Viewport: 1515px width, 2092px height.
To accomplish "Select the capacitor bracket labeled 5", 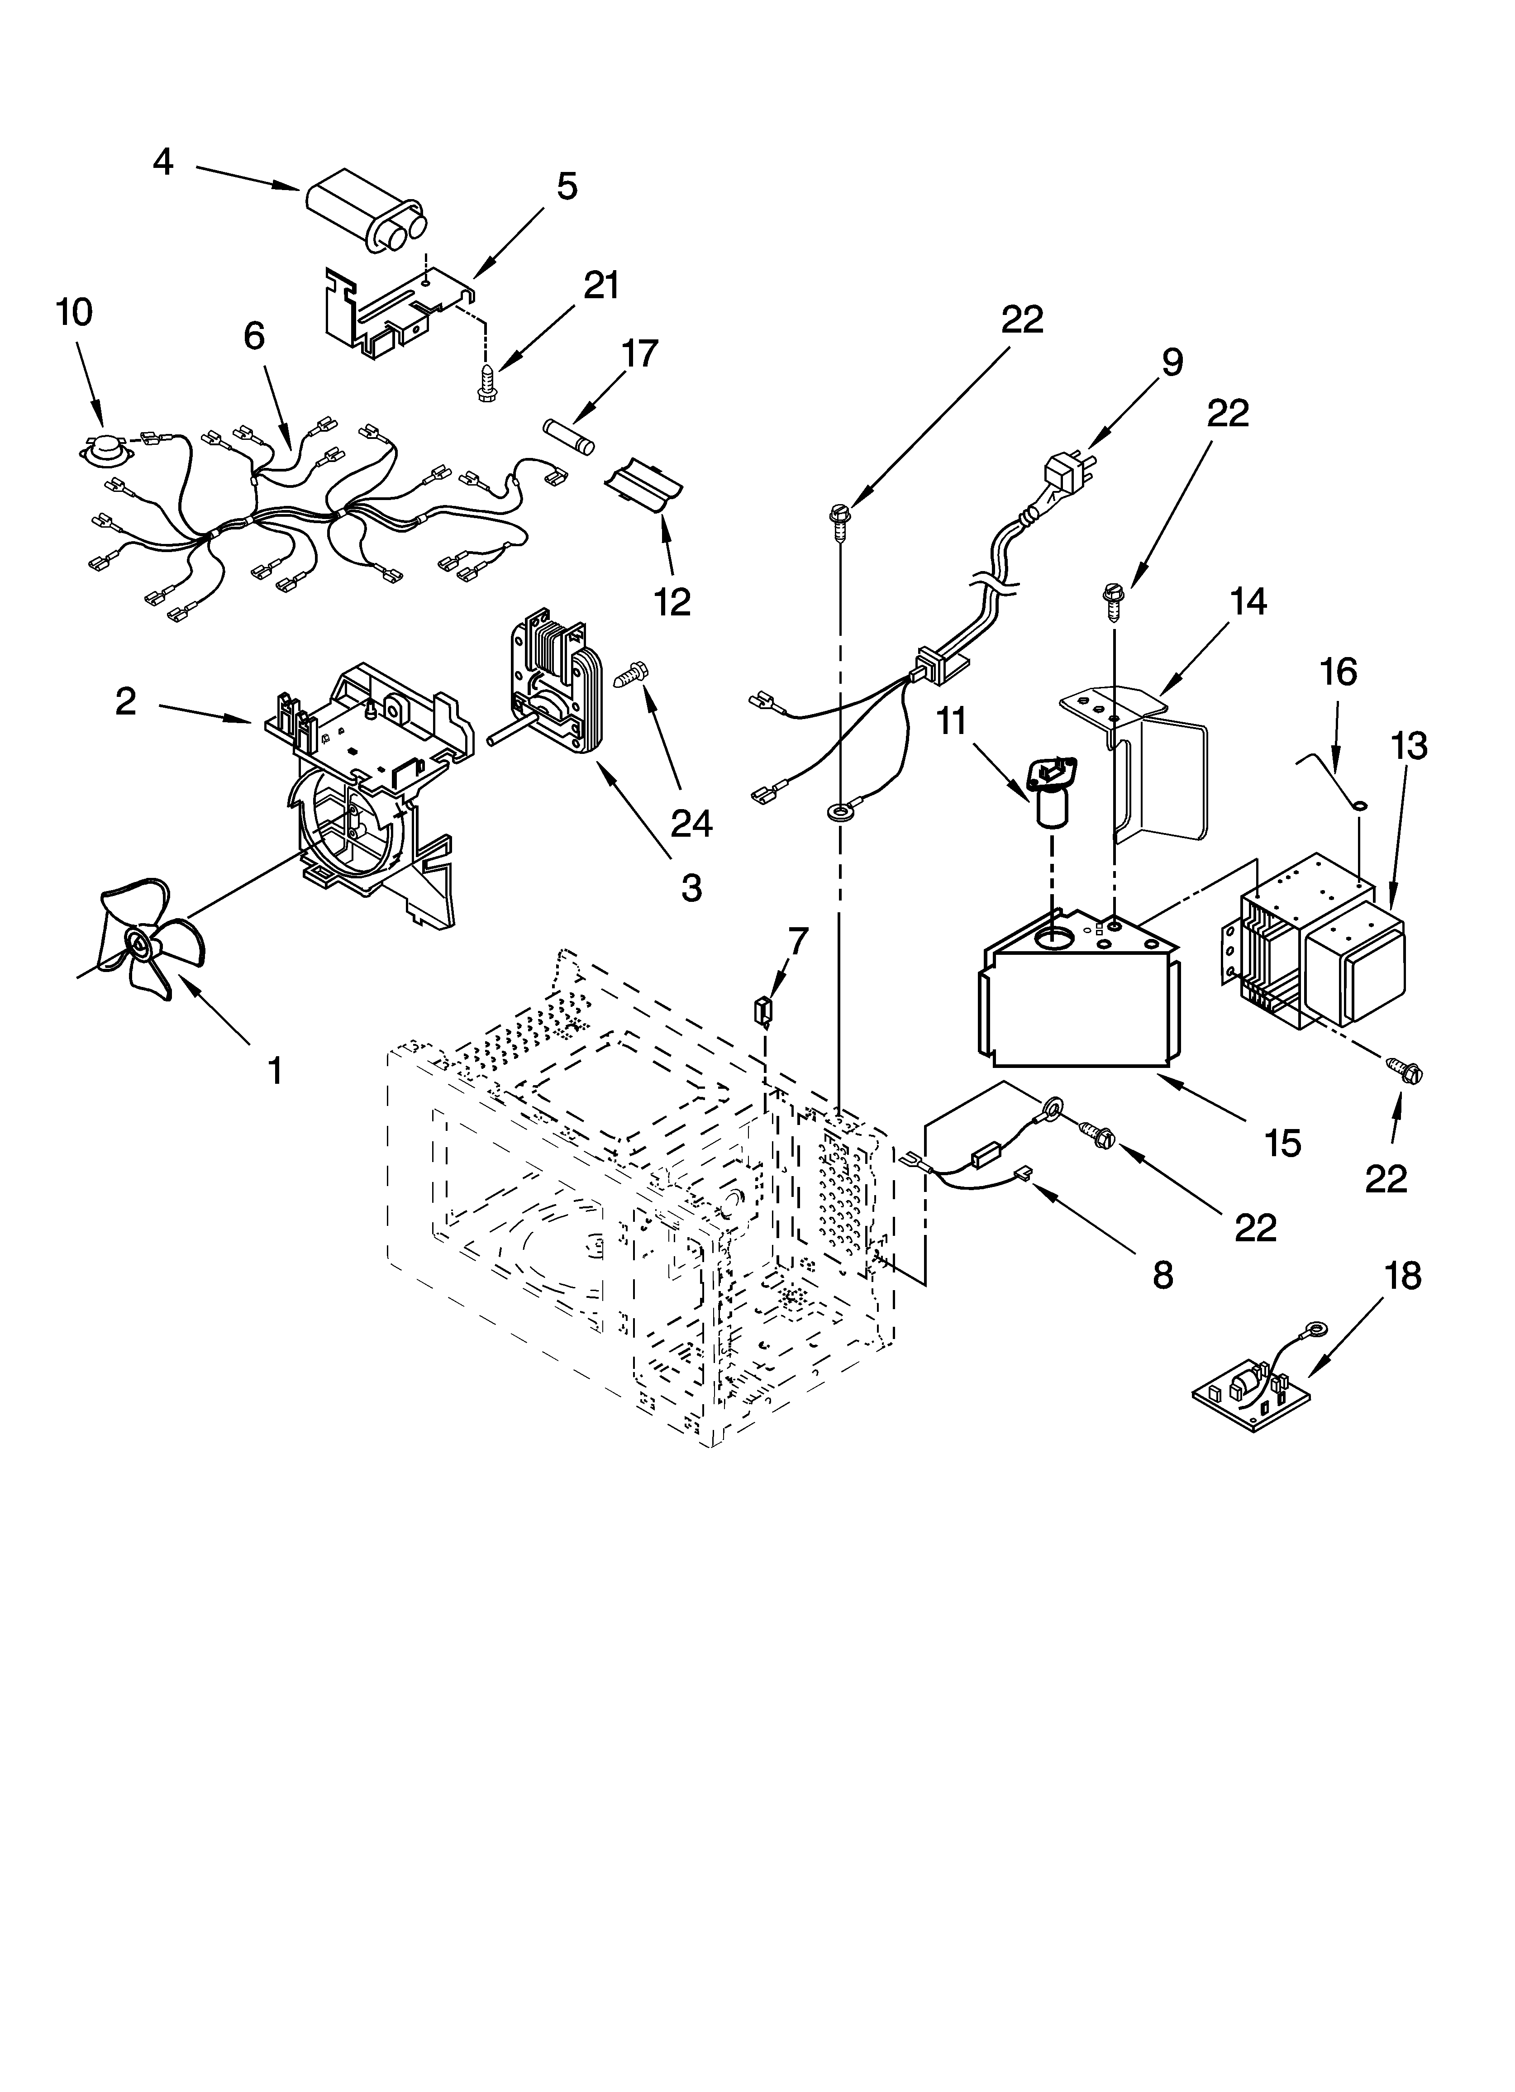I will click(397, 309).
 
